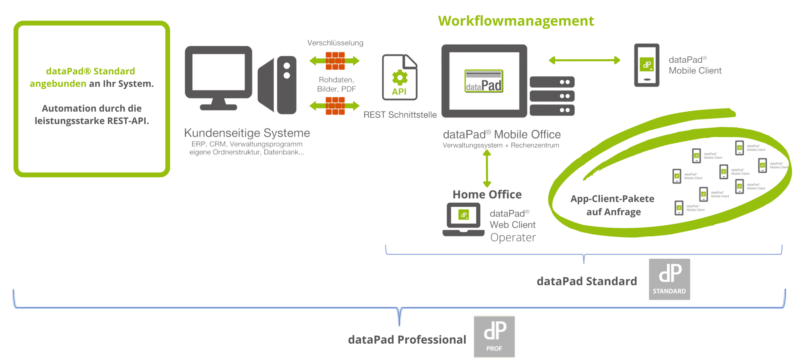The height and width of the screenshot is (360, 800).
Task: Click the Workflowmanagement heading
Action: coord(517,20)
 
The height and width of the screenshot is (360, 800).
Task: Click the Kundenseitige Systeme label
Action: coord(247,134)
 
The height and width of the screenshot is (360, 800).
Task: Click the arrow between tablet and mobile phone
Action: coord(583,60)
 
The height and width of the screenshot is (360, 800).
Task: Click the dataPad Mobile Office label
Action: coord(501,134)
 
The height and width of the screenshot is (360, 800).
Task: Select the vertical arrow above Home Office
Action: coord(486,169)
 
